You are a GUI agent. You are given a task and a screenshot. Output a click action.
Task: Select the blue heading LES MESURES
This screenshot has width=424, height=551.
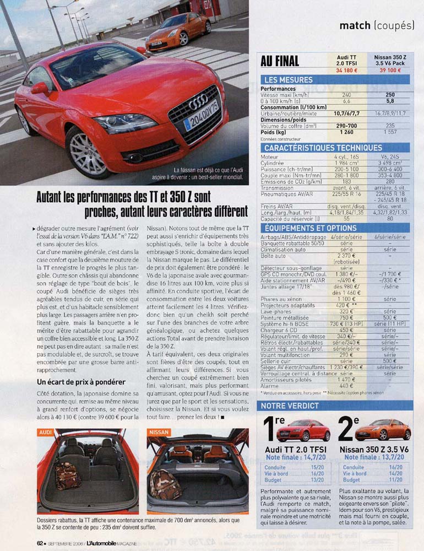pos(288,80)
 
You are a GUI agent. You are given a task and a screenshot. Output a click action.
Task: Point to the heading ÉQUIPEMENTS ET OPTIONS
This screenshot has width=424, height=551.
pos(311,228)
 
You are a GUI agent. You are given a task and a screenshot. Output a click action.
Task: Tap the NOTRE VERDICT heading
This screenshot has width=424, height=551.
pos(290,406)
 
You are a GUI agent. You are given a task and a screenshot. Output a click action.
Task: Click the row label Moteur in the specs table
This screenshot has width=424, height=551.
pos(269,157)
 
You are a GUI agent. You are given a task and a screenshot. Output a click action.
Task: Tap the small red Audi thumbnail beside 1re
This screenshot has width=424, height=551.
pos(303,430)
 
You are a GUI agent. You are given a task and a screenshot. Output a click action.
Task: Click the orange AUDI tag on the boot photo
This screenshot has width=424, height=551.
pos(46,433)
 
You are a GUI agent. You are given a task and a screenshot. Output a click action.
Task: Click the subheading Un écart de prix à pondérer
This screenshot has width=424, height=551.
pos(80,382)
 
